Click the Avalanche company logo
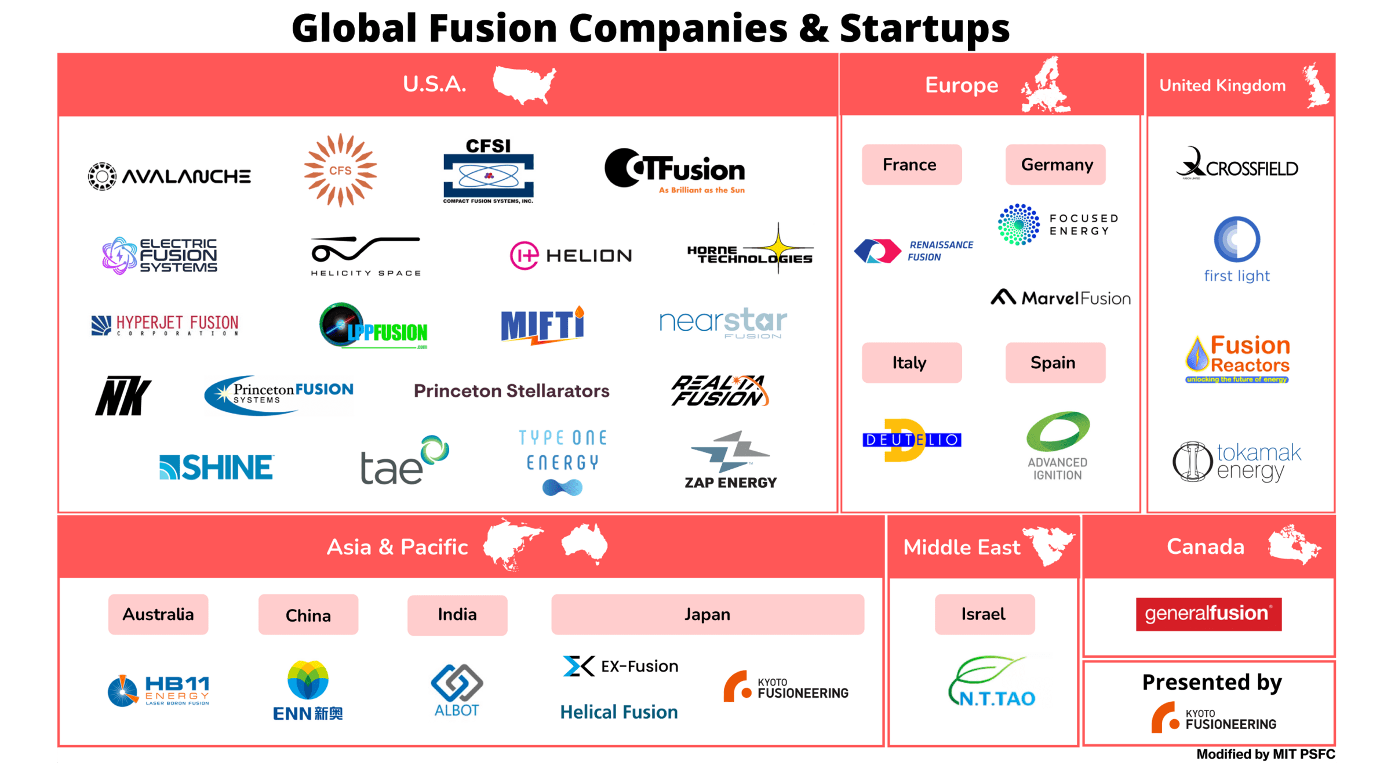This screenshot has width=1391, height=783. [169, 176]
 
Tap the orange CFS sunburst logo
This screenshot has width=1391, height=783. [340, 171]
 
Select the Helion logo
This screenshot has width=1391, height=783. [571, 256]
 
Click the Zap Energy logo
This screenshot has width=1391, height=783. [730, 461]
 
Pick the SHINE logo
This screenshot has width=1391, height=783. [216, 467]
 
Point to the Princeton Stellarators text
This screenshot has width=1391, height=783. [511, 391]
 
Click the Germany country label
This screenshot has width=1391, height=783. [1056, 165]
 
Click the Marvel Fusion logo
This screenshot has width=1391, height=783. [1061, 298]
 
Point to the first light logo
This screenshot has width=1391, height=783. [1237, 249]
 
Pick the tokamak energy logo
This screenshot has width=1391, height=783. [1237, 462]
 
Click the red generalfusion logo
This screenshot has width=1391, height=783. [1208, 614]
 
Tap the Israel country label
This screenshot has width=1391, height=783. [984, 614]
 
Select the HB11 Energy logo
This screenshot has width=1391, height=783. [159, 690]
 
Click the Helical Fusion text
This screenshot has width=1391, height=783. [618, 712]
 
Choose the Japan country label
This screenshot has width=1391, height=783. [707, 614]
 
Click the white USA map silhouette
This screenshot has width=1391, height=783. [523, 84]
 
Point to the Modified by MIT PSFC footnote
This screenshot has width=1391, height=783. [1265, 754]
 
